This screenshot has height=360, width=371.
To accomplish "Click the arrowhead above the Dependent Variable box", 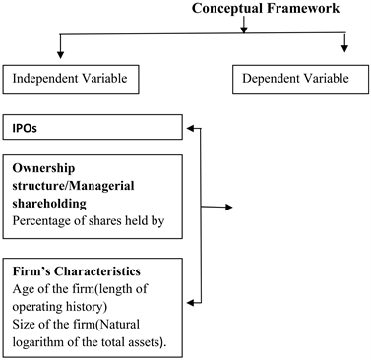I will [344, 46].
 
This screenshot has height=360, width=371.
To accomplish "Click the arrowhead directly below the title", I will [243, 30].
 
